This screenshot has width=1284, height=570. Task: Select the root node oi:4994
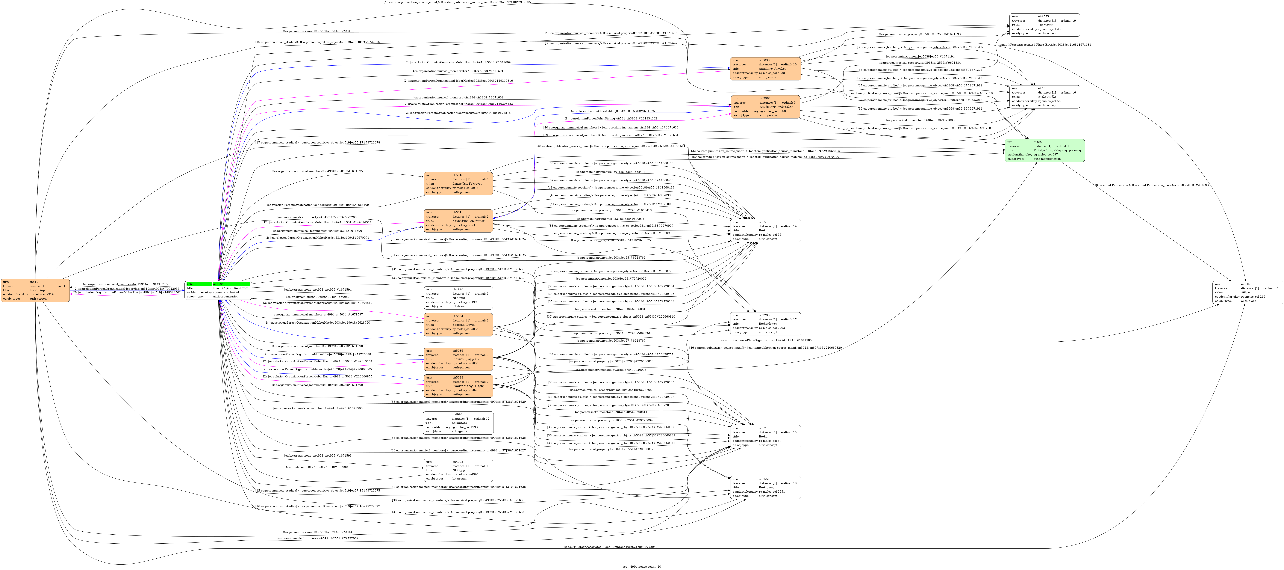point(218,291)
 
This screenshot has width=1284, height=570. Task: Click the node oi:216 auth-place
point(1248,293)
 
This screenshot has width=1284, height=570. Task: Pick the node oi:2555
point(1045,25)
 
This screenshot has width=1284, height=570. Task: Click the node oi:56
point(1045,97)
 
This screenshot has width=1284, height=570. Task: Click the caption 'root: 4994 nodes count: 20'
point(642,567)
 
